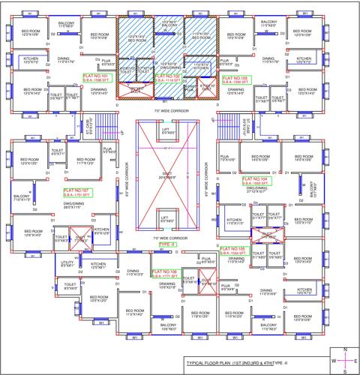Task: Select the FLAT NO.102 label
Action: pyautogui.click(x=166, y=76)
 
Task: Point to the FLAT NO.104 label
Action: pyautogui.click(x=255, y=180)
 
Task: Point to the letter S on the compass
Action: pyautogui.click(x=343, y=371)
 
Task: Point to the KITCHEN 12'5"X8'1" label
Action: pyautogui.click(x=98, y=265)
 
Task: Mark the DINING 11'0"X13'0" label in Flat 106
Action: pyautogui.click(x=134, y=274)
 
